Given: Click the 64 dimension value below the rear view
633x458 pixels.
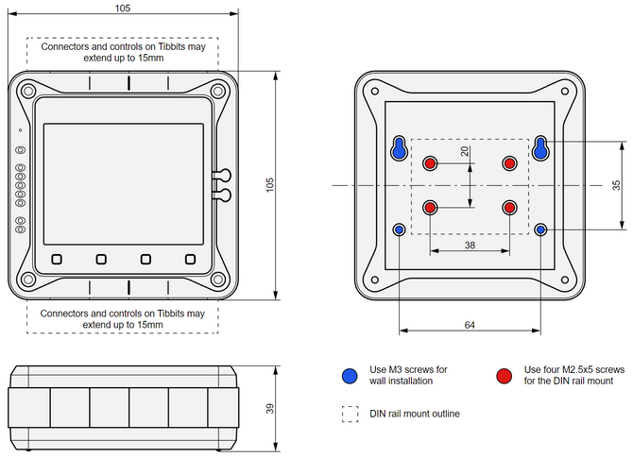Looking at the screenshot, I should (470, 324).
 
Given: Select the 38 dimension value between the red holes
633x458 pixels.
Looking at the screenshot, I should (470, 244).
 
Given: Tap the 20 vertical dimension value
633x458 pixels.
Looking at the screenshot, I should (464, 151).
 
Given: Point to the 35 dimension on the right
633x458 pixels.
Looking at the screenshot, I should (615, 185).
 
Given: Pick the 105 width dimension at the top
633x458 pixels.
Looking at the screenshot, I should (124, 8).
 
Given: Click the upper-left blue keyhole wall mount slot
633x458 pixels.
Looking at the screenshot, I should (399, 148).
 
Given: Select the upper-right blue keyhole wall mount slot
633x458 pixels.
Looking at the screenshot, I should (540, 148).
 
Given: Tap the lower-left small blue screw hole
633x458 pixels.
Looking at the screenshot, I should (399, 229).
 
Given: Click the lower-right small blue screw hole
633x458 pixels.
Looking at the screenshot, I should (540, 229).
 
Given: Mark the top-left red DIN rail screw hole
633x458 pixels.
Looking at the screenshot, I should (430, 163).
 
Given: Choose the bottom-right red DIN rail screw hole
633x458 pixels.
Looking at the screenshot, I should (510, 208).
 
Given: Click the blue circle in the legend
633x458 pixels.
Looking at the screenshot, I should (351, 375).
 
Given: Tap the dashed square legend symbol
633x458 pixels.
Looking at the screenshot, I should (351, 414).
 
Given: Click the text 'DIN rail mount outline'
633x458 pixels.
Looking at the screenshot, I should (414, 414).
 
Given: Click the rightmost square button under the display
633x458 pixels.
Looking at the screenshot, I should (190, 259).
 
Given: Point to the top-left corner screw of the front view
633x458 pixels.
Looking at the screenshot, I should (28, 92).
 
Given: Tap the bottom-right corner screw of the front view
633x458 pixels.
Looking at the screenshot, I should (218, 280).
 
